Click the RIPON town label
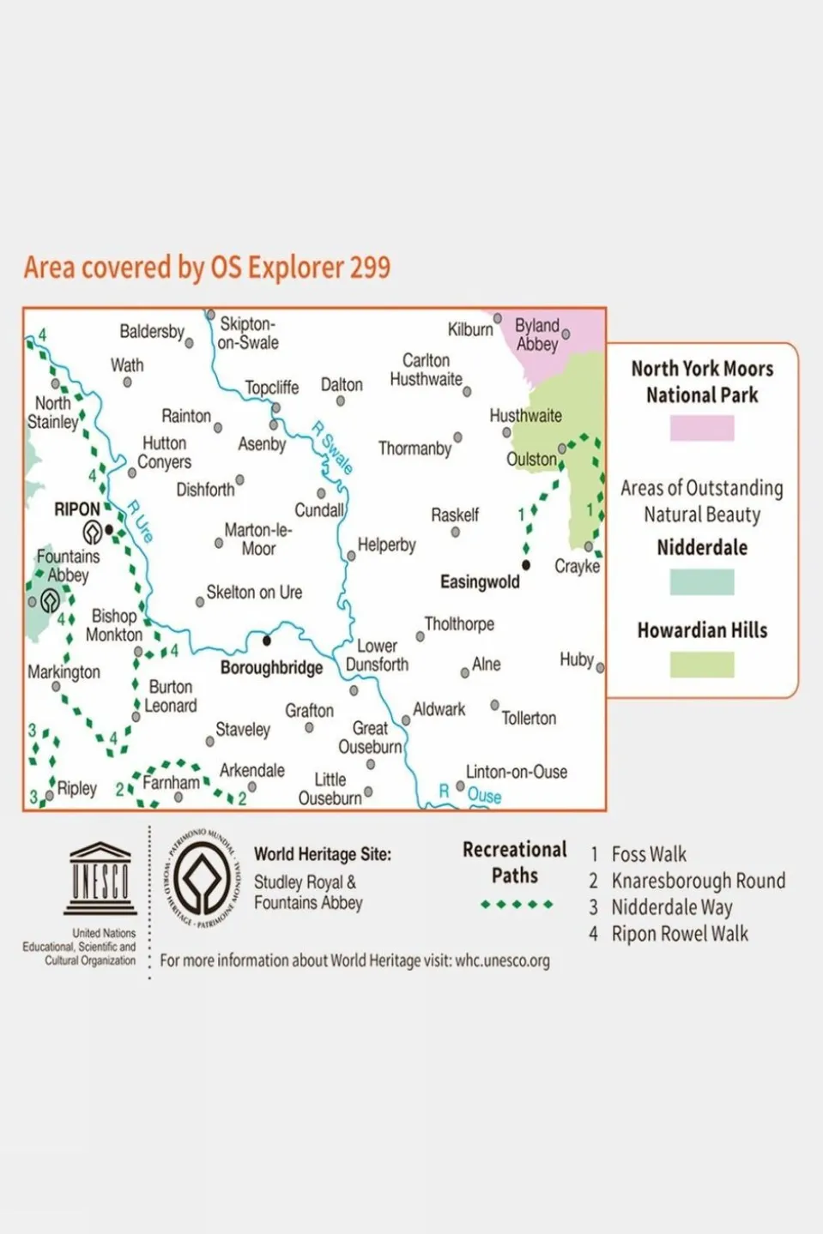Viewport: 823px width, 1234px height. (x=77, y=509)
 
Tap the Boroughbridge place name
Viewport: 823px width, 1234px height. (x=271, y=668)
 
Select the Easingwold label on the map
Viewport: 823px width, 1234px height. (x=480, y=582)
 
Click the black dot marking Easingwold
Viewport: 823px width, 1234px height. (x=526, y=565)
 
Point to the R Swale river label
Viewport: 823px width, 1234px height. (x=333, y=448)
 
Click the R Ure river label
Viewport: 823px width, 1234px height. (x=140, y=521)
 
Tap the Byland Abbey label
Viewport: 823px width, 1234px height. (x=536, y=334)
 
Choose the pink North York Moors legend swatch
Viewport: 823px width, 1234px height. (x=702, y=428)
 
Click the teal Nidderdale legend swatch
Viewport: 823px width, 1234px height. (x=702, y=582)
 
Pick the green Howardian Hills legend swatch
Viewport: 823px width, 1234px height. (x=702, y=665)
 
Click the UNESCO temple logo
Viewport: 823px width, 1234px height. (x=100, y=878)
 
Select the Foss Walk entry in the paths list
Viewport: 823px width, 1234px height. (x=648, y=854)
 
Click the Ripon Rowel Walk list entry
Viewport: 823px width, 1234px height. (x=679, y=934)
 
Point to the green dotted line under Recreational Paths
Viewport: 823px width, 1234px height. (x=517, y=905)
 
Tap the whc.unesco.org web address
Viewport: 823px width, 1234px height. (x=502, y=960)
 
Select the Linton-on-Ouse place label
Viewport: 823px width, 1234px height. (x=516, y=772)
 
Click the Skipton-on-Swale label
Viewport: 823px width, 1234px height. (x=248, y=333)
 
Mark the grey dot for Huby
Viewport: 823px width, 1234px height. (x=600, y=667)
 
